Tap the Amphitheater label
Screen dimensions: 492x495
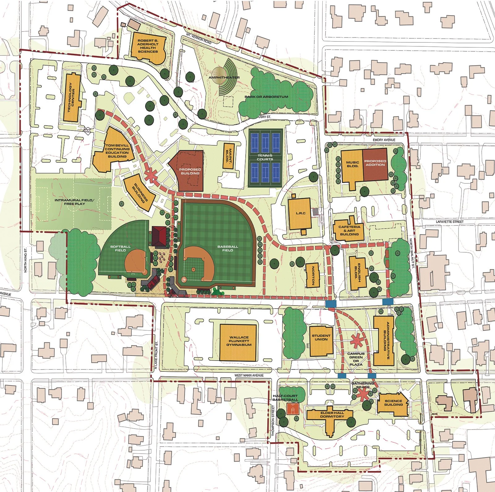click(x=224, y=77)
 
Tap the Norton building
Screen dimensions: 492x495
click(x=312, y=275)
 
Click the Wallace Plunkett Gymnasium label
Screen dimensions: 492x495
click(x=239, y=341)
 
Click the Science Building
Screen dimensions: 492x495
click(x=393, y=404)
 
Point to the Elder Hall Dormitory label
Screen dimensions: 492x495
click(x=332, y=415)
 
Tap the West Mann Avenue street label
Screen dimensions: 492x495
click(x=249, y=375)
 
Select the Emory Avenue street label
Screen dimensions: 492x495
click(x=384, y=140)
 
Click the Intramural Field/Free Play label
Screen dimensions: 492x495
click(x=74, y=202)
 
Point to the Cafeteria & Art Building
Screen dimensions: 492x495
click(x=349, y=230)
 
